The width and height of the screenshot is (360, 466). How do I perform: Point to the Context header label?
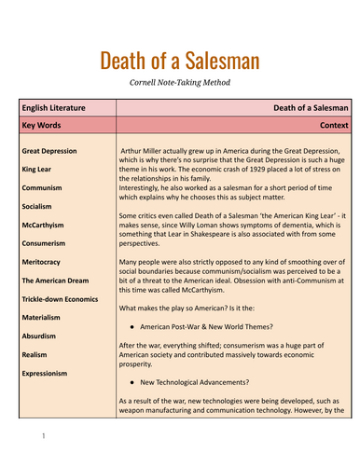tap(332, 124)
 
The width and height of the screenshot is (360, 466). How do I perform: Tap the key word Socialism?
tap(41, 205)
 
